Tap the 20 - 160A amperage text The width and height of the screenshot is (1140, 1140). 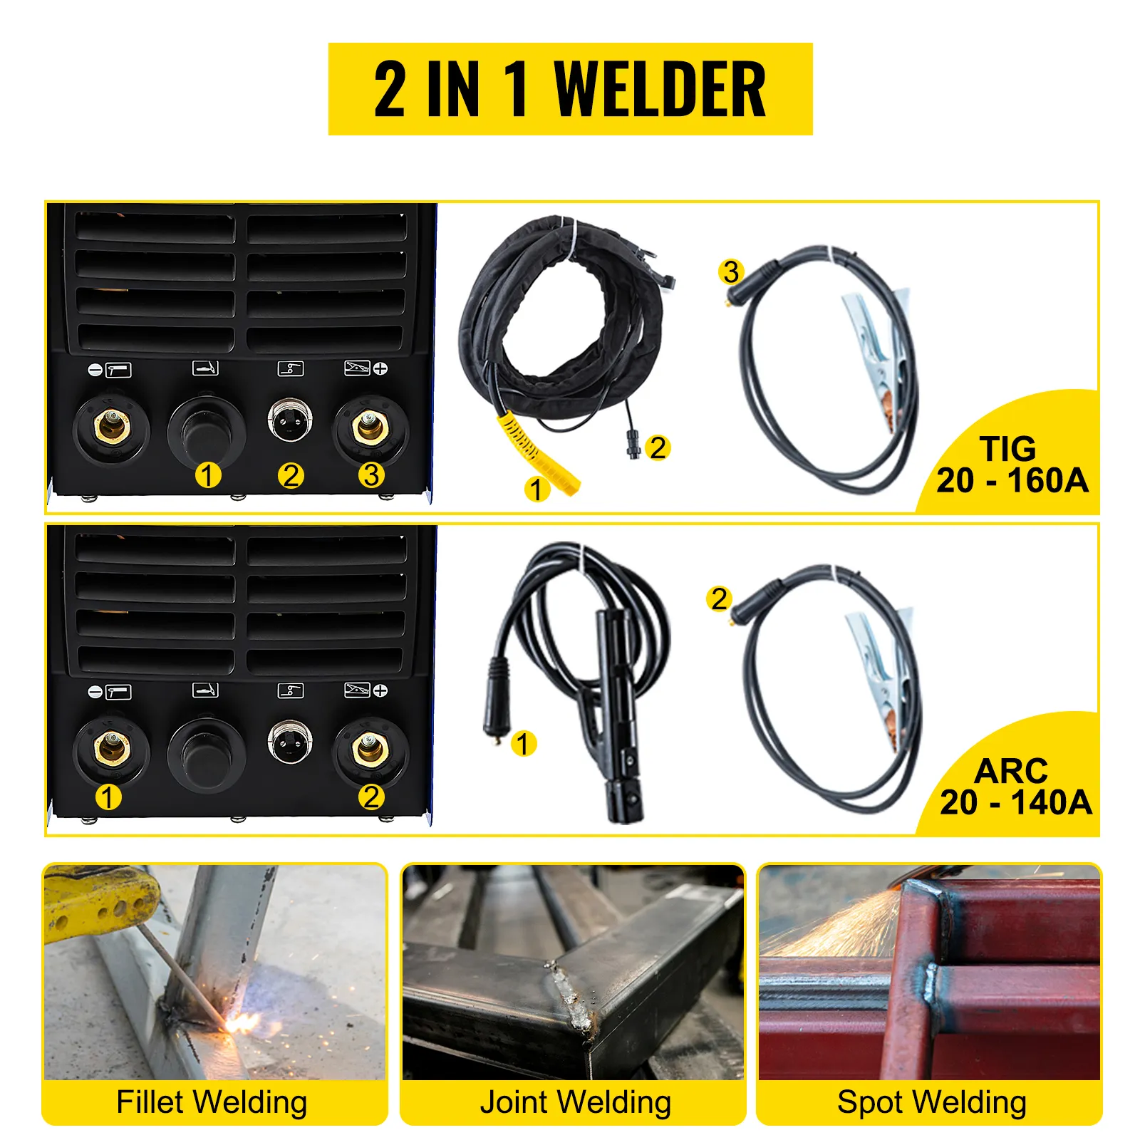pyautogui.click(x=1012, y=480)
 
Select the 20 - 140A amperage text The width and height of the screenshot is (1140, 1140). pyautogui.click(x=1015, y=802)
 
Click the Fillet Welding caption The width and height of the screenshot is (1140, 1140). pyautogui.click(x=212, y=1102)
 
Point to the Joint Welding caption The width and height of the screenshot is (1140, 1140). pyautogui.click(x=575, y=1102)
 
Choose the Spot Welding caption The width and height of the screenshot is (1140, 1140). pyautogui.click(x=932, y=1102)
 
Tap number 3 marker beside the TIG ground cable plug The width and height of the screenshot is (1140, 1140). pyautogui.click(x=731, y=271)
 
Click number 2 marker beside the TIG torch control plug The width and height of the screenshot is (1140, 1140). pyautogui.click(x=658, y=447)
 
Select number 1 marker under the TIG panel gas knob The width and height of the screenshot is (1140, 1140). pyautogui.click(x=208, y=475)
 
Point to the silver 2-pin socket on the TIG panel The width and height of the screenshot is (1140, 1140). pyautogui.click(x=289, y=420)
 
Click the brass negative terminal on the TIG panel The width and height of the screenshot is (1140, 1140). pyautogui.click(x=111, y=427)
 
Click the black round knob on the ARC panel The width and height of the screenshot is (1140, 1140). pyautogui.click(x=207, y=754)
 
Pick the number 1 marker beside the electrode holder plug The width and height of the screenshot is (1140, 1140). pyautogui.click(x=523, y=743)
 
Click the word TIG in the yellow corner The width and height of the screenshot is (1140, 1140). pyautogui.click(x=1007, y=449)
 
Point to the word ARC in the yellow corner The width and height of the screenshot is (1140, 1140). pyautogui.click(x=1011, y=771)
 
